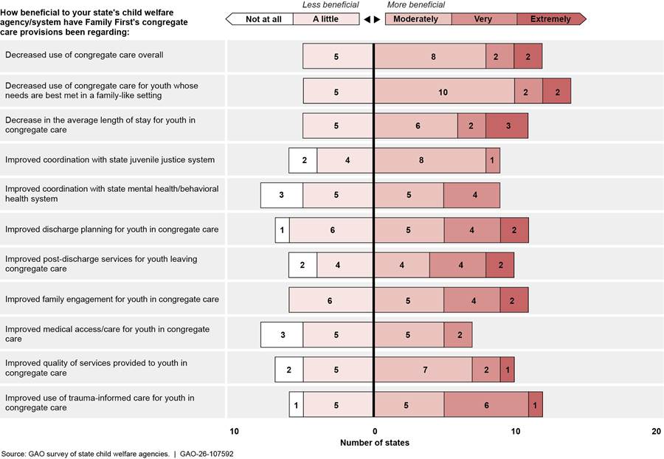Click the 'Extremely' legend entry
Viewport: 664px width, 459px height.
click(550, 18)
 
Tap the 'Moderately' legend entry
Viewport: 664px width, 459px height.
click(415, 18)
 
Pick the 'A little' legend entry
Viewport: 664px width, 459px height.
click(325, 18)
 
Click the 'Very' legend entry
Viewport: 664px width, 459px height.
click(483, 18)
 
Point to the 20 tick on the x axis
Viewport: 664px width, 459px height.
click(656, 432)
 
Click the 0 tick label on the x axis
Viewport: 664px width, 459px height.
click(374, 432)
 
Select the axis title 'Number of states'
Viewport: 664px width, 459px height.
click(374, 443)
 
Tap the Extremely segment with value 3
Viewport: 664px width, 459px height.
click(507, 125)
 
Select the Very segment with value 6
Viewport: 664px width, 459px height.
click(486, 404)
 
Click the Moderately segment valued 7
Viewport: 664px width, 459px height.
click(423, 369)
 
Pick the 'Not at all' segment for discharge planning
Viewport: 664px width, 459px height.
click(282, 230)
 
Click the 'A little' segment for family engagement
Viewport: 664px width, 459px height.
click(331, 300)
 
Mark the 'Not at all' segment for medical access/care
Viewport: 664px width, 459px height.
click(282, 334)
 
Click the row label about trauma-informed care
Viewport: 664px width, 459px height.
click(100, 403)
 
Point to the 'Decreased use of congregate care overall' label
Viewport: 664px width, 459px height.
click(84, 55)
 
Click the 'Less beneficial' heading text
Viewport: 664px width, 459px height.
click(331, 5)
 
